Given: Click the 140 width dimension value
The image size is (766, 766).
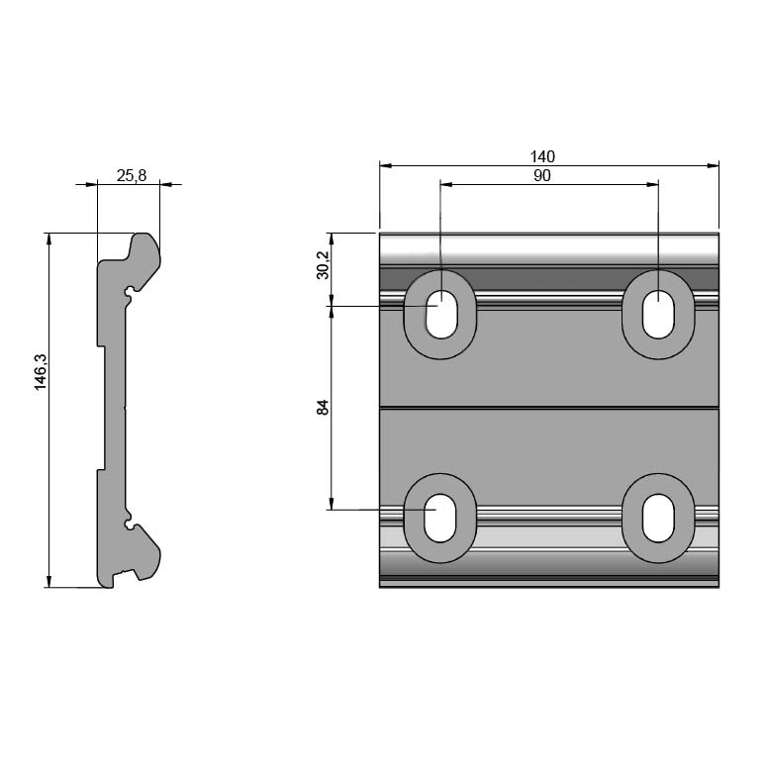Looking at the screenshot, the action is (542, 156).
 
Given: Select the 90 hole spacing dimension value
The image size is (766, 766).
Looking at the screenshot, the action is (542, 176).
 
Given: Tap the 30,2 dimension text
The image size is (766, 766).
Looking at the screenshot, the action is (324, 265).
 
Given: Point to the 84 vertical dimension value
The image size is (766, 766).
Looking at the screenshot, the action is (324, 407).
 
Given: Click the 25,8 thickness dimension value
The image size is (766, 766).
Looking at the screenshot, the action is (132, 175).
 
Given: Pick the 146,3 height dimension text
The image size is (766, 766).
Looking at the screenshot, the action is (40, 372).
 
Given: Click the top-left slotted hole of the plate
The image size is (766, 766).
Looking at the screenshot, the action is (441, 315).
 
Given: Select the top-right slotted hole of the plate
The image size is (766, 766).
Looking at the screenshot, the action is (658, 315).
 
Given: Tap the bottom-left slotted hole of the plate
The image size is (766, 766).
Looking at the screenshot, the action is (440, 519).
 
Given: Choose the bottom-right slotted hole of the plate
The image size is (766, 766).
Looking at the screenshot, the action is (658, 519).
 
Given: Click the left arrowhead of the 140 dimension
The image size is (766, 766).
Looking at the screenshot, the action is (386, 166).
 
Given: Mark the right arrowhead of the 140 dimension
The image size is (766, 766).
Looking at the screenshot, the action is (714, 166).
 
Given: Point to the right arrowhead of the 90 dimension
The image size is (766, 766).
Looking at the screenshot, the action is (652, 185).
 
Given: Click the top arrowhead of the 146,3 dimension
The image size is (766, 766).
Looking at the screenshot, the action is (48, 239).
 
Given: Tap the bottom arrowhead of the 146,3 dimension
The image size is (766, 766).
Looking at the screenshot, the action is (48, 581).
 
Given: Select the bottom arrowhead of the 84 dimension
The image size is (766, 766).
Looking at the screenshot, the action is (332, 504).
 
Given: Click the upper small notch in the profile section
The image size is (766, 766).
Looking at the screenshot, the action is (130, 292).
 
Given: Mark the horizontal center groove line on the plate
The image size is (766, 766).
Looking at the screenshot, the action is (549, 408).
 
